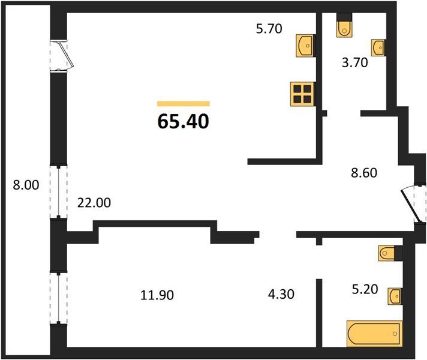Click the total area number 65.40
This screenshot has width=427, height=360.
[x=184, y=121]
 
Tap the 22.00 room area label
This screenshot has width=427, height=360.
[x=94, y=203]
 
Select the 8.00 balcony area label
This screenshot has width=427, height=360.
[x=26, y=185]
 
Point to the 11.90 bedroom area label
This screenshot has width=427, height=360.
[x=157, y=295]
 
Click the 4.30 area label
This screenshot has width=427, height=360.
[x=281, y=295]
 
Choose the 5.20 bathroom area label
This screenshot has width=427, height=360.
[x=365, y=289]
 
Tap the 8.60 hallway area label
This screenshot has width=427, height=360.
[x=364, y=173]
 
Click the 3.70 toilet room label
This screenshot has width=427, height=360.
[x=355, y=62]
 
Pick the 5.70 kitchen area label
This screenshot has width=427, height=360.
[x=269, y=29]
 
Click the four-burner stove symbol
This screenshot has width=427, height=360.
[x=303, y=94]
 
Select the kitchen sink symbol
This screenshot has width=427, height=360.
[x=305, y=46]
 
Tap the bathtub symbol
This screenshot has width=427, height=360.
[x=374, y=334]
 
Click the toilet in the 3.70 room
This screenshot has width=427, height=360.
[x=344, y=26]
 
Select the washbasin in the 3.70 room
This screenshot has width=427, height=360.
[x=378, y=47]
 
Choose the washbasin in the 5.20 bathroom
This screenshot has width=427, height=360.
[x=395, y=296]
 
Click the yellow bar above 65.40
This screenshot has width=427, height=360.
[x=184, y=104]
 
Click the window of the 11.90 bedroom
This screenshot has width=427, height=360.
[x=59, y=298]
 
